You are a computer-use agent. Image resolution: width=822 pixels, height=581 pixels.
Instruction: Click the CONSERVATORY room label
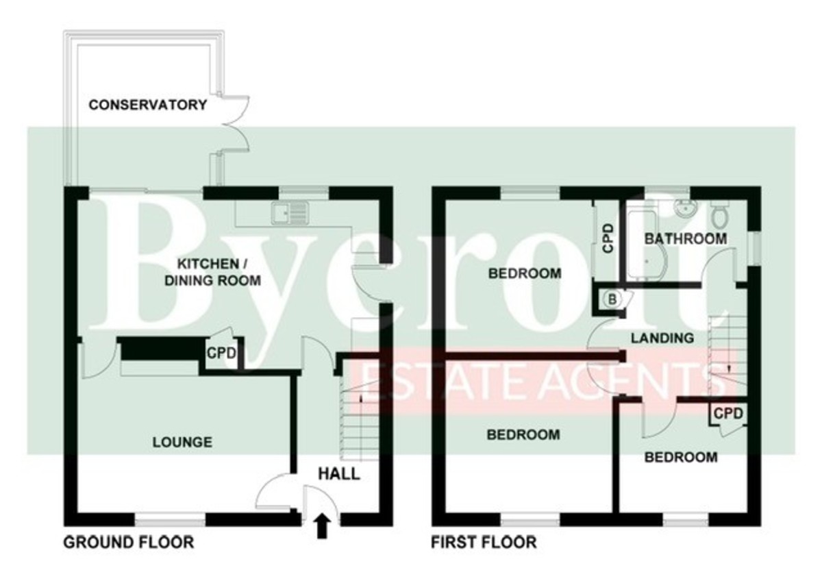147,105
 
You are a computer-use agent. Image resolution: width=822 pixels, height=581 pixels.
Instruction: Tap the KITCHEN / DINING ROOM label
219,272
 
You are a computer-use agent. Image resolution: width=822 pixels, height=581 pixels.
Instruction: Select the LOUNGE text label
182,442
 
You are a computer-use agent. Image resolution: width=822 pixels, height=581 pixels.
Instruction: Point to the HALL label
339,473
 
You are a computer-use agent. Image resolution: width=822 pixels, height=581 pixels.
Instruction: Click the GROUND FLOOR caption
129,543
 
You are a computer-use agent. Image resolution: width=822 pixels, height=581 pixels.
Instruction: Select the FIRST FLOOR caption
484,543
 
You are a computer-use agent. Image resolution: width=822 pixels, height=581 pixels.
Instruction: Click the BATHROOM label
686,239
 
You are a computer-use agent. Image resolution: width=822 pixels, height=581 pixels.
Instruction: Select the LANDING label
662,338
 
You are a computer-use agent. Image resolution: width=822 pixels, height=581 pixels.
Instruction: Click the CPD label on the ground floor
222,355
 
